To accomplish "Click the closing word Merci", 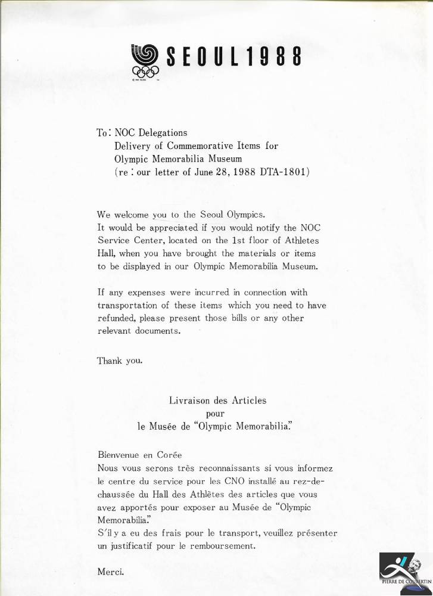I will pos(110,572).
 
